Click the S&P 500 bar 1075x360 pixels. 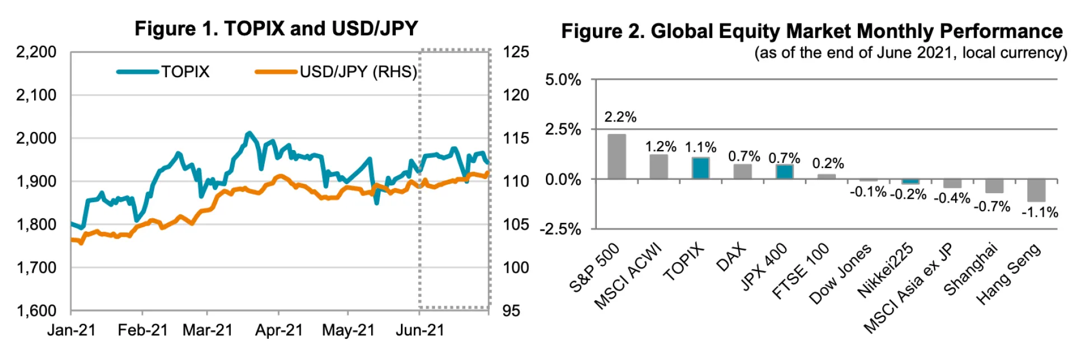616,157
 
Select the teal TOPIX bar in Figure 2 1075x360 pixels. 700,168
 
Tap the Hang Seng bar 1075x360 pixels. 1036,190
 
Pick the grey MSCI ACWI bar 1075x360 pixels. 658,167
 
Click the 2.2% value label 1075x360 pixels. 620,117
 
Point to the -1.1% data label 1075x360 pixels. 1040,212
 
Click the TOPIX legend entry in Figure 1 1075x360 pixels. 185,72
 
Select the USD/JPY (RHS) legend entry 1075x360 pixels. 358,72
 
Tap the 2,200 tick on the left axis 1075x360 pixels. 36,52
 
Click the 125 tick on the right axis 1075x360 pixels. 516,52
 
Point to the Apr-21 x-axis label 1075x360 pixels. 279,330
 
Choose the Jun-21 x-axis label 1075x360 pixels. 420,330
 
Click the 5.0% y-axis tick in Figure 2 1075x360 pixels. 563,80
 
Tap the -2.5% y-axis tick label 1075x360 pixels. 561,229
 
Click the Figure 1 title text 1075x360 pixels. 276,29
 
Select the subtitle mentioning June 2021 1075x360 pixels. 910,53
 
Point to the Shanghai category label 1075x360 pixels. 971,269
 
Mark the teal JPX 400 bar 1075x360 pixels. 784,171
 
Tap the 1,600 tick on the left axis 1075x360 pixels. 36,311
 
